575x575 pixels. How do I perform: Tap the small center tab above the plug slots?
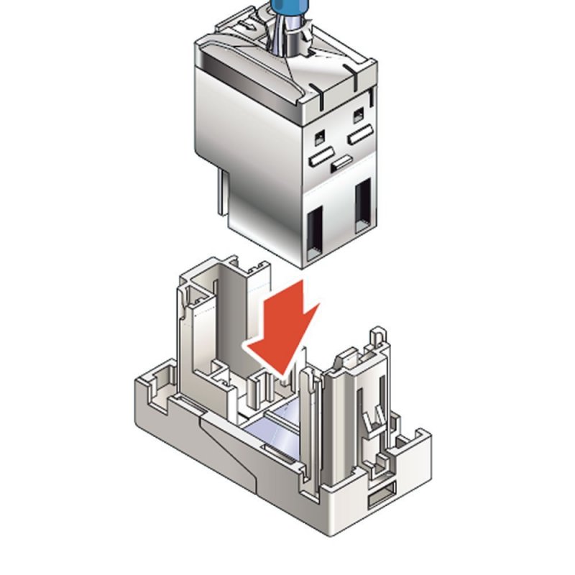341,162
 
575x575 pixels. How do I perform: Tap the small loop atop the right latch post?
378,337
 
